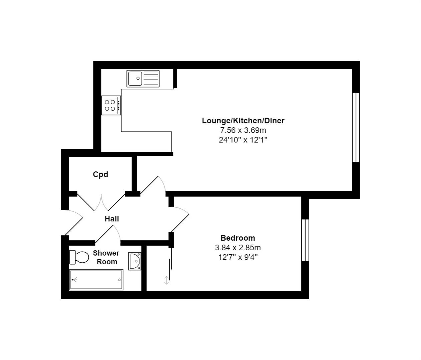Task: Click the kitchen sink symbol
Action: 143,79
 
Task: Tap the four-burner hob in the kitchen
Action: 111,105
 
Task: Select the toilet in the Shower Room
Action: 79,257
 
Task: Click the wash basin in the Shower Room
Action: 135,261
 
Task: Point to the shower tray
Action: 96,280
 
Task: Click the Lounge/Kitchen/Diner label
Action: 243,121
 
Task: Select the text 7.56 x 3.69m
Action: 243,130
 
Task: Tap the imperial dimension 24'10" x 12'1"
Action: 243,140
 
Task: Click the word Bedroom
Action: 238,238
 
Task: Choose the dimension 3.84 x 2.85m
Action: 238,248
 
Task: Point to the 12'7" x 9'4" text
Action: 238,257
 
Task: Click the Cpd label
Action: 100,174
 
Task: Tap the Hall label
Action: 112,219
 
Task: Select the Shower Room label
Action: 106,257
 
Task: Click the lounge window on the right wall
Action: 356,127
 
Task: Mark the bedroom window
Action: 305,240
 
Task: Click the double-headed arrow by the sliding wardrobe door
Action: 166,280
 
